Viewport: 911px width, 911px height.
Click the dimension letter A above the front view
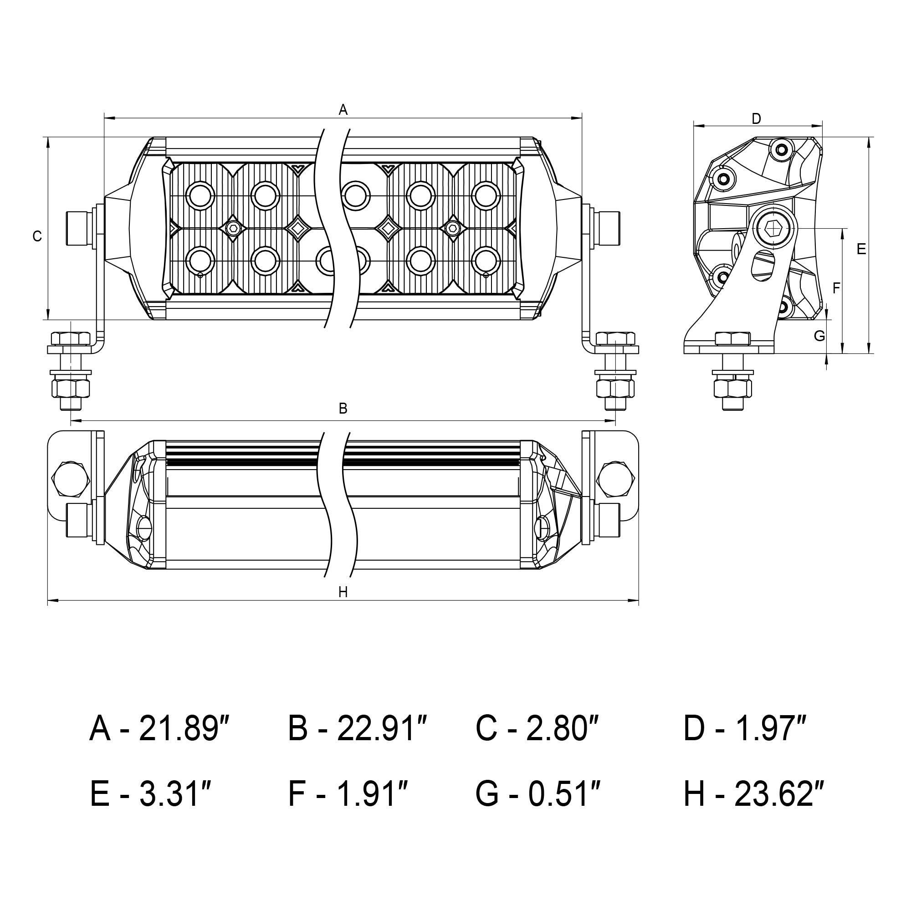[343, 109]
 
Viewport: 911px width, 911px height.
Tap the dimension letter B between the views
[343, 408]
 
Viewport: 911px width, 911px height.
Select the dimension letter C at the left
[37, 236]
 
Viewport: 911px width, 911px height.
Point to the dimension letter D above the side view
[756, 119]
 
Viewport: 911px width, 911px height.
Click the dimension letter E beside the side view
[861, 249]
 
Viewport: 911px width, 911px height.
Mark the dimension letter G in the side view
[819, 336]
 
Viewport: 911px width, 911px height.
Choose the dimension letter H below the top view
[343, 592]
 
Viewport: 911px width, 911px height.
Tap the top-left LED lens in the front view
[200, 195]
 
